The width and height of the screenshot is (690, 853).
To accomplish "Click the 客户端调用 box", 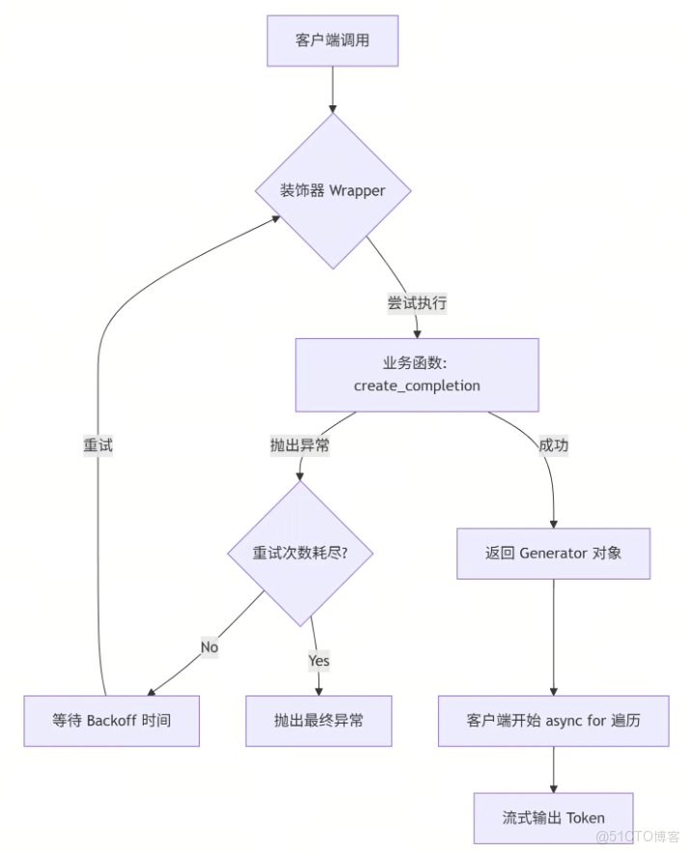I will (x=332, y=41).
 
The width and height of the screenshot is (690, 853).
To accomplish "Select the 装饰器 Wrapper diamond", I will (x=333, y=190).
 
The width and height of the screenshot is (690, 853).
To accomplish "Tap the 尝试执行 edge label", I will (x=417, y=302).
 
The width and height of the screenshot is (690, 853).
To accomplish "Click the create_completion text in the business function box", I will (x=417, y=385).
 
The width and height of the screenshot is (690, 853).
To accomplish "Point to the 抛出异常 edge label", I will (x=300, y=445).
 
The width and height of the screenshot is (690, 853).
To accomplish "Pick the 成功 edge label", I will (x=553, y=445).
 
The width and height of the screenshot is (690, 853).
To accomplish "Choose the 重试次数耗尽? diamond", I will (x=300, y=554).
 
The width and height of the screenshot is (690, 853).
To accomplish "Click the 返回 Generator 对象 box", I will (x=553, y=554).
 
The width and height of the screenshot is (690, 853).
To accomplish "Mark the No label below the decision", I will (x=209, y=646).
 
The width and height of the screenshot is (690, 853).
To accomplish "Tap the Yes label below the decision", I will (x=318, y=661).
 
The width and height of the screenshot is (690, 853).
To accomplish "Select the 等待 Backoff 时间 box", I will (x=111, y=721).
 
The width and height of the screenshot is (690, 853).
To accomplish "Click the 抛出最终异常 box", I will (x=318, y=721).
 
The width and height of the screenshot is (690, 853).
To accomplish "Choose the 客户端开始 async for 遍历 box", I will (x=553, y=721).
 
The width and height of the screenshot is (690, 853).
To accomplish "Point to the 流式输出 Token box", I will (x=553, y=817).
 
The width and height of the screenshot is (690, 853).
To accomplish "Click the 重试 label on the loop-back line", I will (x=98, y=445).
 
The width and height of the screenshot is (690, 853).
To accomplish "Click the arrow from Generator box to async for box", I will (x=553, y=638).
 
